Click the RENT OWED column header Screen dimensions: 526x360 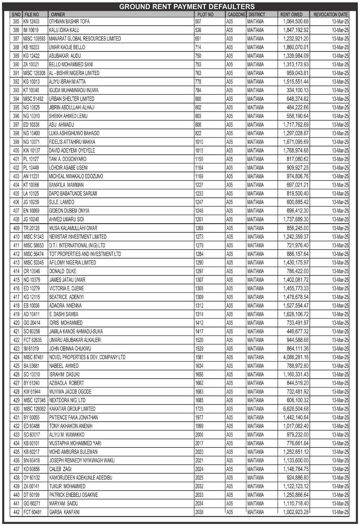(291, 14)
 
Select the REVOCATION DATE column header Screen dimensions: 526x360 (330, 14)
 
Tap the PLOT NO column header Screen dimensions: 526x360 (205, 14)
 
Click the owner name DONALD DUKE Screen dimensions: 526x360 (62, 271)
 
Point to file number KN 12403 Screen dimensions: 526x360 (32, 21)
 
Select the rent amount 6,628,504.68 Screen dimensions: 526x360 (296, 409)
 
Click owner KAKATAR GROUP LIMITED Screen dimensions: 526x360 (72, 409)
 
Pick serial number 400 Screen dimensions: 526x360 (16, 151)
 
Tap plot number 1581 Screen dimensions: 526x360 (199, 357)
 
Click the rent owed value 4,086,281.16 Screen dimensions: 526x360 (296, 357)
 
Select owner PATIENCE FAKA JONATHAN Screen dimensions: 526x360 (73, 418)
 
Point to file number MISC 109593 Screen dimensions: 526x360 (34, 39)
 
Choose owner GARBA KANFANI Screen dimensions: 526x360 (64, 512)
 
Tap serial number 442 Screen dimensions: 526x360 (16, 512)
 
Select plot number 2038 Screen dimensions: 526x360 (199, 512)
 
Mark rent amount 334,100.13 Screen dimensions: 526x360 (298, 90)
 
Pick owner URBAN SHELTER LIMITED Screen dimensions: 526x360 (72, 99)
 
